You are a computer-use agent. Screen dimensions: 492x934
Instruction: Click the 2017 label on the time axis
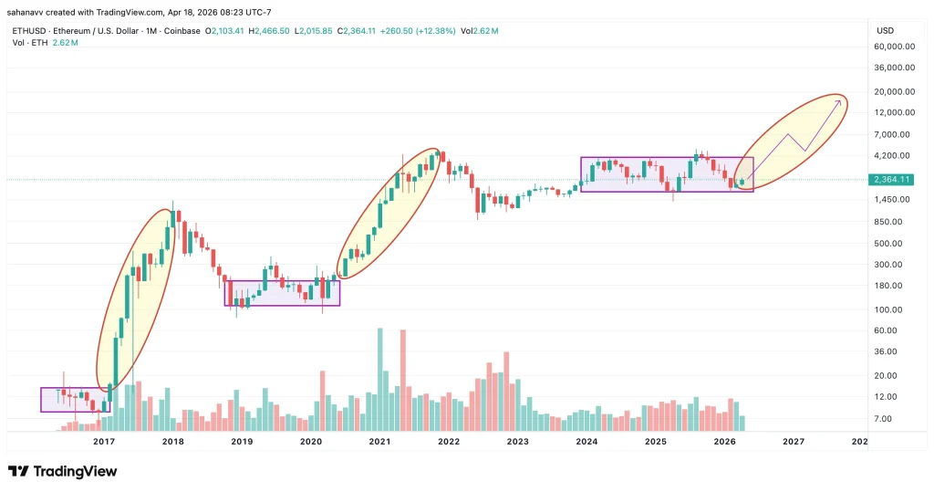(x=103, y=441)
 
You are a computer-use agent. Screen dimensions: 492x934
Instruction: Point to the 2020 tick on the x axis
(x=311, y=441)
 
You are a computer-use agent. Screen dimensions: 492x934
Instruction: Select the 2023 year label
(x=517, y=441)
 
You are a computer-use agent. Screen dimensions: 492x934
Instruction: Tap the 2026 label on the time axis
(x=724, y=441)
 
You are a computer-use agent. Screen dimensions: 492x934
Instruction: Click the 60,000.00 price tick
(x=895, y=47)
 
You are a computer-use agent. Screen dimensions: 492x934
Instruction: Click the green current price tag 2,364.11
(x=892, y=179)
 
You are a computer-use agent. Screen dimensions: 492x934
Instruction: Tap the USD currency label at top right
(x=885, y=30)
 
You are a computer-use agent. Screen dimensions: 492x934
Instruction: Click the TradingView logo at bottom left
(x=62, y=471)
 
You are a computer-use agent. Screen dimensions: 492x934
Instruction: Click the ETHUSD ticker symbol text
(x=30, y=30)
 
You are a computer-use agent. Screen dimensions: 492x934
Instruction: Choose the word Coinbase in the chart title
(x=179, y=30)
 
